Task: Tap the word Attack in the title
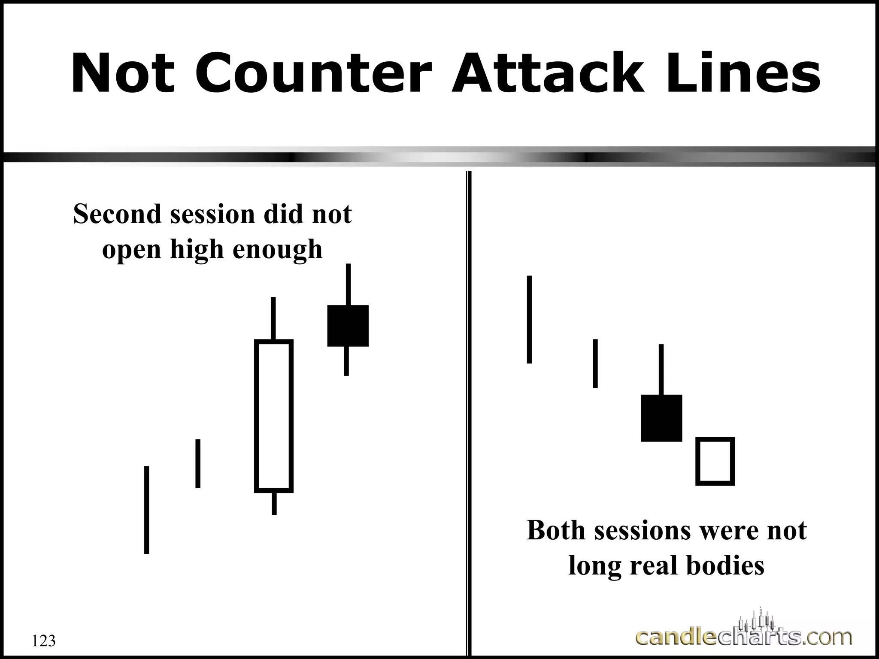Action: tap(548, 73)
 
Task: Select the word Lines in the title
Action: tap(742, 73)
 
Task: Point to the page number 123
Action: tap(44, 641)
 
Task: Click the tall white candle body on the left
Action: tap(274, 416)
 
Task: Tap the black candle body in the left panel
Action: tap(348, 326)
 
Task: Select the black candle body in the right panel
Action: tap(661, 418)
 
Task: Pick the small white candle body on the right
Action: tap(715, 461)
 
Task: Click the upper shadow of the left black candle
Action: tap(348, 284)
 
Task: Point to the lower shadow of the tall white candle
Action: tap(274, 503)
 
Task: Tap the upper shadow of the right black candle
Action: tap(661, 369)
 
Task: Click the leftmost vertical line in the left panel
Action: tap(147, 510)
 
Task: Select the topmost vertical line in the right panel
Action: tap(529, 319)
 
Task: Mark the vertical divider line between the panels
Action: tap(469, 412)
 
